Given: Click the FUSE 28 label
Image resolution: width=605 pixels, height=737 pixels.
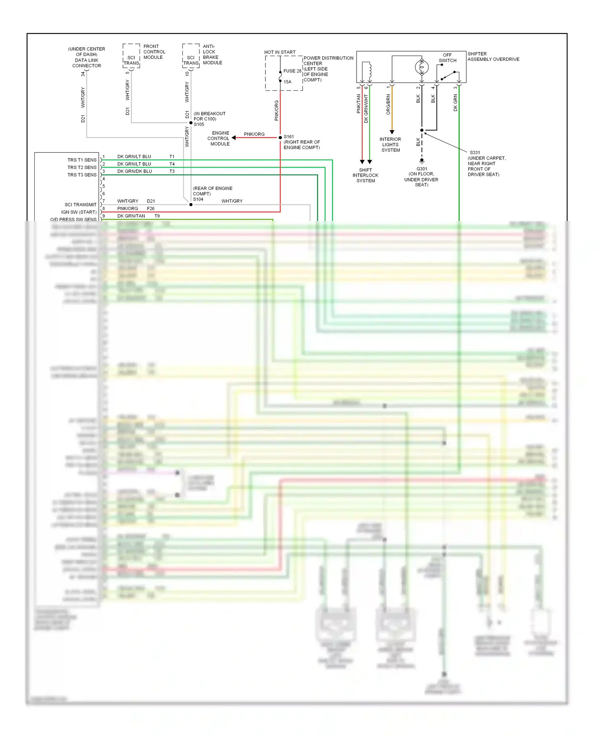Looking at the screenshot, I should pyautogui.click(x=292, y=71).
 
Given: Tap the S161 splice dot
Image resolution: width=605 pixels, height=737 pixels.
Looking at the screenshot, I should pyautogui.click(x=280, y=137).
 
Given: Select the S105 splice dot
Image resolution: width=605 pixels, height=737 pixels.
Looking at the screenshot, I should pyautogui.click(x=191, y=123).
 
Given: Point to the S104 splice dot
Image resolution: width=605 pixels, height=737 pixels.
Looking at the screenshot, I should pyautogui.click(x=191, y=204).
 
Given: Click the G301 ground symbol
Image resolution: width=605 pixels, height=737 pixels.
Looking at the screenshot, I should pyautogui.click(x=422, y=161).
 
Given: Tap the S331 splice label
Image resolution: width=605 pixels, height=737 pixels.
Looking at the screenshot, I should pyautogui.click(x=475, y=152).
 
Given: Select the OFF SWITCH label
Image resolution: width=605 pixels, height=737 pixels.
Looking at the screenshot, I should pyautogui.click(x=447, y=58).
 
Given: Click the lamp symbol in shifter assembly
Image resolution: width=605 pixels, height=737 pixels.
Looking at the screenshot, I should pyautogui.click(x=422, y=67).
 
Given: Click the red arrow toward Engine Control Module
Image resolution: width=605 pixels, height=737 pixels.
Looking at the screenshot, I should pyautogui.click(x=234, y=137).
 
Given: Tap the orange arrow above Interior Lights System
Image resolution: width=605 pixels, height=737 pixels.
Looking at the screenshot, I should pyautogui.click(x=392, y=132).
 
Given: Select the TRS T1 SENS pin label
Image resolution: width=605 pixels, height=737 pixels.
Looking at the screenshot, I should pyautogui.click(x=82, y=160).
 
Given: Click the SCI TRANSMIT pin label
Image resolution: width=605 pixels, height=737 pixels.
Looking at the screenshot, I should pyautogui.click(x=80, y=204).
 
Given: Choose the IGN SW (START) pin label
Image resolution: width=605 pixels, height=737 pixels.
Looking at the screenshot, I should pyautogui.click(x=79, y=212).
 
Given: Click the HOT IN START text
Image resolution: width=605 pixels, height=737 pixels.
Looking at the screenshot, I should pyautogui.click(x=280, y=52).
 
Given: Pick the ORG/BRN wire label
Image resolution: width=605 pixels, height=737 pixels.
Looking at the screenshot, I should pyautogui.click(x=388, y=104).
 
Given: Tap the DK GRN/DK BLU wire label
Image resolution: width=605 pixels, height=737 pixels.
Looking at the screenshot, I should pyautogui.click(x=134, y=171).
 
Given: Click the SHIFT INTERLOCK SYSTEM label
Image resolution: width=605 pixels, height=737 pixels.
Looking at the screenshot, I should pyautogui.click(x=365, y=175).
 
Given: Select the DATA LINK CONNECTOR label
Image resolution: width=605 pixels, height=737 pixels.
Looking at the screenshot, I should pyautogui.click(x=87, y=63).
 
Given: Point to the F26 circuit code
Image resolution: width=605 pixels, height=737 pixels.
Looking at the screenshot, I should pyautogui.click(x=151, y=208).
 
